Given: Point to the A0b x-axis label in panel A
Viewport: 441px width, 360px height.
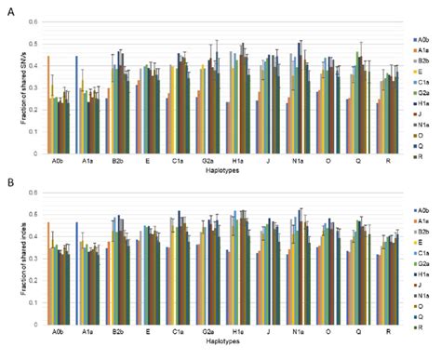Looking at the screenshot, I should [x=57, y=160].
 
